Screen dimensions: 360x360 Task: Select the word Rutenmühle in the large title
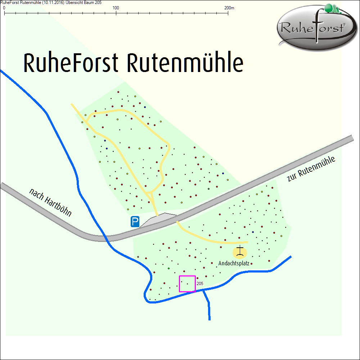185,63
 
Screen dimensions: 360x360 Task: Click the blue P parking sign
135,221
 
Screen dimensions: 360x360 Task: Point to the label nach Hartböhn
51,203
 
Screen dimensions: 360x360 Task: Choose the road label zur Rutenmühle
312,169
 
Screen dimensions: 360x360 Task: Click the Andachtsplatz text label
234,264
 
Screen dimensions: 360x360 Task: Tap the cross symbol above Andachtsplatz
240,251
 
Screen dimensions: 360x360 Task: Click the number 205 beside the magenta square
200,284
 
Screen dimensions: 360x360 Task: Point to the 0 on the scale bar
4,8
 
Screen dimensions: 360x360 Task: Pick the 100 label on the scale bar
116,8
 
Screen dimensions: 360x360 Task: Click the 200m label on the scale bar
229,8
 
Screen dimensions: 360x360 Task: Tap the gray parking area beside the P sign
158,220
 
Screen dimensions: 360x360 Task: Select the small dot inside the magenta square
187,284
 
